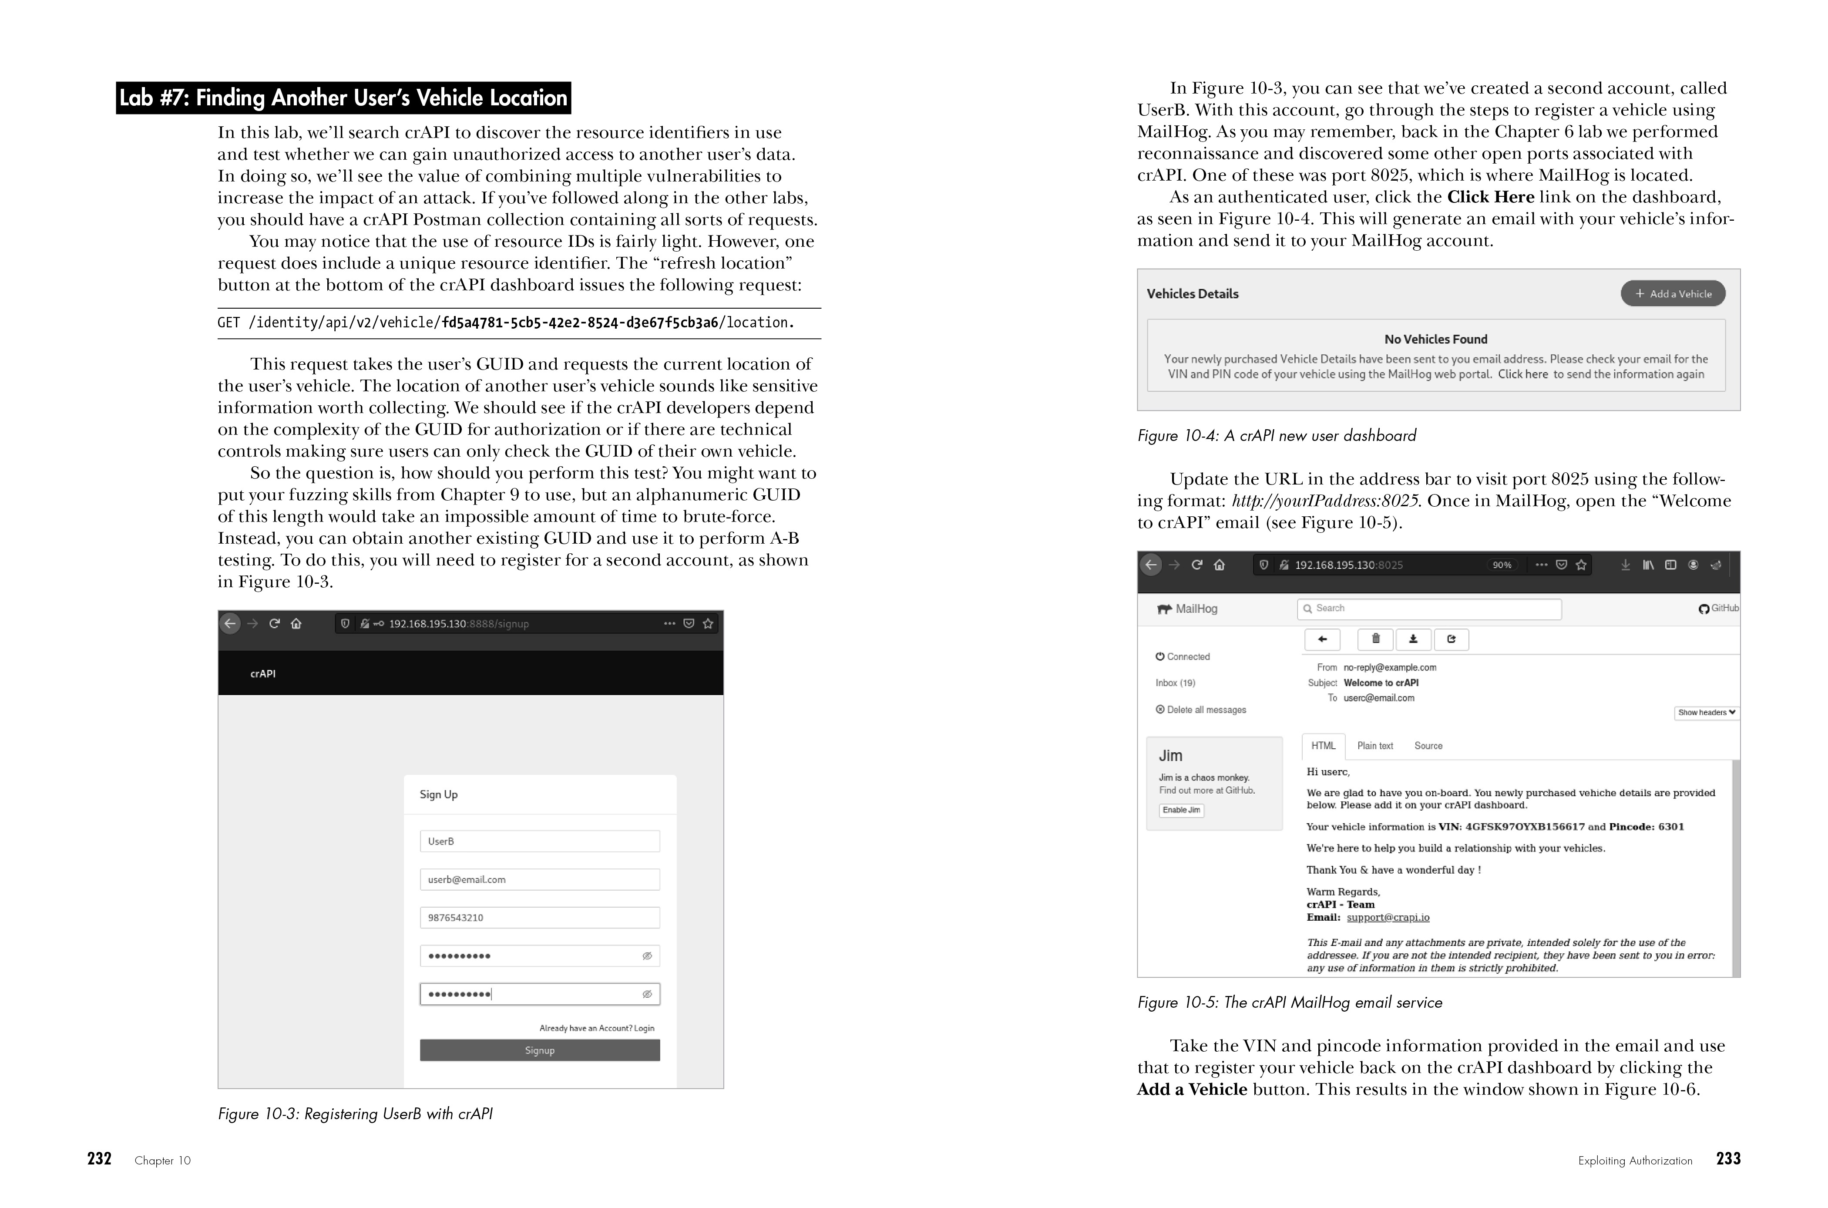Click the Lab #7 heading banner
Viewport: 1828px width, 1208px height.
coord(343,98)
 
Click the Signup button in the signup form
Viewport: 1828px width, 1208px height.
coord(539,1050)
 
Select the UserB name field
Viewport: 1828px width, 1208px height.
coord(539,841)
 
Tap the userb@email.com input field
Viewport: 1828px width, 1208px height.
coord(539,879)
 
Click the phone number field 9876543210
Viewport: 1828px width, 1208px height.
coord(539,918)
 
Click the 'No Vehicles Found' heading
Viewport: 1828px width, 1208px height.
coord(1435,339)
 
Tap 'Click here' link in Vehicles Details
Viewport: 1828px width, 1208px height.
coord(1522,374)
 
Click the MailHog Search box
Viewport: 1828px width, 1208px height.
coord(1429,609)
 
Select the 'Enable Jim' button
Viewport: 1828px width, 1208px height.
coord(1181,810)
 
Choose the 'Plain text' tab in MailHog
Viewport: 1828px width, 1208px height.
coord(1374,746)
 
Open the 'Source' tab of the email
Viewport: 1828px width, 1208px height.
coord(1428,746)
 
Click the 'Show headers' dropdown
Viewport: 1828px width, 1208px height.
coord(1706,713)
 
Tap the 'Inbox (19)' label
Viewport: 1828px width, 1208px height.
coord(1175,683)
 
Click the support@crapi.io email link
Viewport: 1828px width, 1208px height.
coord(1388,918)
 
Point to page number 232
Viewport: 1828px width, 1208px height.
coord(99,1159)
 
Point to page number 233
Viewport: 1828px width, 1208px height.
coord(1728,1159)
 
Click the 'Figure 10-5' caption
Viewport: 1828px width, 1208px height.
coord(1289,1002)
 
